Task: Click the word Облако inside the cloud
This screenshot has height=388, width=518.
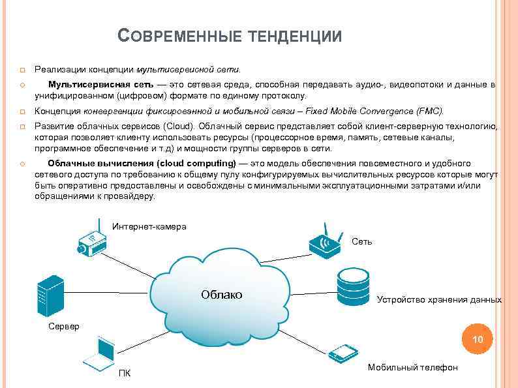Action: click(x=221, y=295)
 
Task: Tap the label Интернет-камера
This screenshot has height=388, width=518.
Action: click(x=149, y=226)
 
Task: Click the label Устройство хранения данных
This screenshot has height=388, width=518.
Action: click(x=439, y=299)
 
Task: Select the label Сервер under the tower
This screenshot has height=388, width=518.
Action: click(x=64, y=325)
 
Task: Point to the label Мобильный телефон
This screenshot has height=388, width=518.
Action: click(x=412, y=367)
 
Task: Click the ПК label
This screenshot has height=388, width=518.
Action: click(x=124, y=373)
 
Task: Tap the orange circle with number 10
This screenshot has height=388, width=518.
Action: click(x=478, y=339)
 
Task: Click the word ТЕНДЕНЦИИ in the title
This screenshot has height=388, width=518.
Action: click(x=296, y=37)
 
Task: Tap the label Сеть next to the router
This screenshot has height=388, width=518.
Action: click(x=361, y=241)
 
